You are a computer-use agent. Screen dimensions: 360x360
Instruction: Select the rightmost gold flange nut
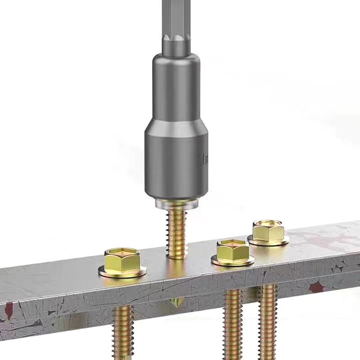click(x=268, y=232)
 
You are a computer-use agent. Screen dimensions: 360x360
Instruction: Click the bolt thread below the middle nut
click(x=233, y=324)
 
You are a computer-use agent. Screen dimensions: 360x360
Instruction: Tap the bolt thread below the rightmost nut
click(x=268, y=319)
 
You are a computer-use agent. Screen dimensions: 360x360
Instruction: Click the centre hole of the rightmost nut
click(x=268, y=223)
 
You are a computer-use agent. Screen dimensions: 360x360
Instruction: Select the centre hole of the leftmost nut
click(x=122, y=252)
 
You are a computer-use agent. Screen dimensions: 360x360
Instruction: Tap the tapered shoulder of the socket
click(x=176, y=118)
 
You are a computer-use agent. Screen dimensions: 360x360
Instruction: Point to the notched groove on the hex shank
click(x=175, y=45)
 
